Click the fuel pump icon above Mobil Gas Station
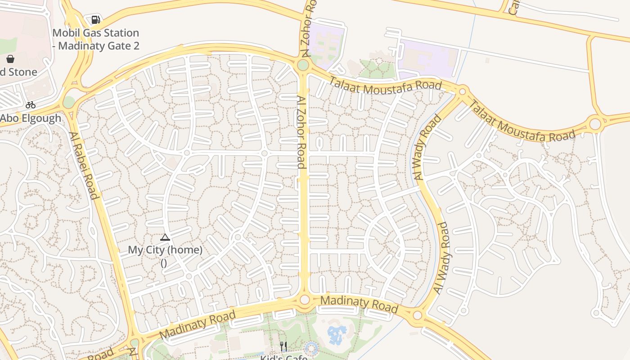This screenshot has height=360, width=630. (x=95, y=19)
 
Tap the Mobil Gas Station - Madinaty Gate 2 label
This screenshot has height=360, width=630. (x=95, y=39)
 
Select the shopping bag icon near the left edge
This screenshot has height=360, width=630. (x=10, y=59)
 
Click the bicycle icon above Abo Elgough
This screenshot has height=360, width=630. (x=31, y=105)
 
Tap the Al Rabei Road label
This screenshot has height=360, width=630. (x=84, y=165)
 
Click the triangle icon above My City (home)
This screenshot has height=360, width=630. (x=165, y=237)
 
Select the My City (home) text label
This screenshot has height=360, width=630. (x=165, y=250)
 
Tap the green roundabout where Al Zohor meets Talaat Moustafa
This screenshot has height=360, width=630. (x=303, y=65)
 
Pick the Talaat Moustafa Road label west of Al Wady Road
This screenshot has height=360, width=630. (x=385, y=85)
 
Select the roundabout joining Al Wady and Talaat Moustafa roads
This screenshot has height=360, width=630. (x=462, y=92)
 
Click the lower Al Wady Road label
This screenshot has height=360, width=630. (x=441, y=258)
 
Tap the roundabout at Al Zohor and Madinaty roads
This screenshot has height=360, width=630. (x=305, y=300)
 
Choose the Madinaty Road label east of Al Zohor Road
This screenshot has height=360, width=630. (x=360, y=304)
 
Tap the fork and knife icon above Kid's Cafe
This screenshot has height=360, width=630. (x=283, y=346)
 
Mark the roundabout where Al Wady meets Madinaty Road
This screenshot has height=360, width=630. (x=417, y=315)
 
